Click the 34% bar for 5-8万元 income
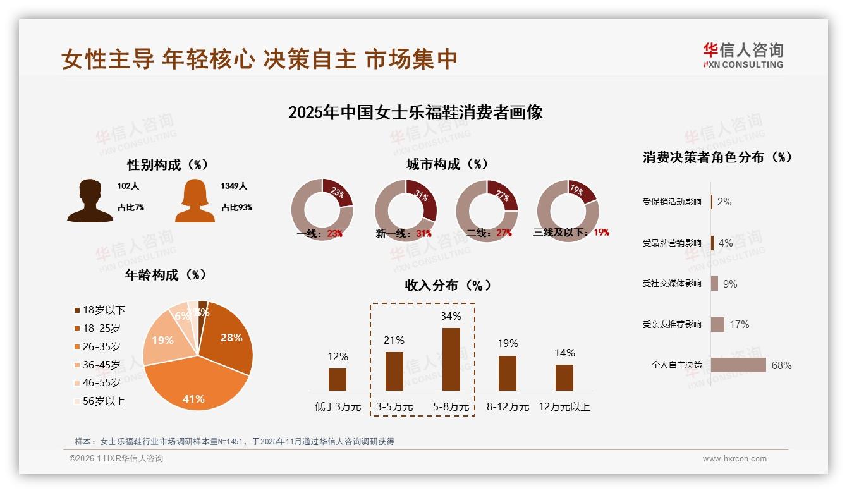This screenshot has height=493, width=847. click(451, 359)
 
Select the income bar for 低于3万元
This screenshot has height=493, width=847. click(338, 379)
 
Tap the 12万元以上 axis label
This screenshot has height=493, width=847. click(564, 407)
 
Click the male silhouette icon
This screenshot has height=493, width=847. click(90, 200)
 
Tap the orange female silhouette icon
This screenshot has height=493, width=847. click(195, 200)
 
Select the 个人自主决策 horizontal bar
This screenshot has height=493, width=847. click(738, 365)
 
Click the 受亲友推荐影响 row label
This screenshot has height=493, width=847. click(672, 325)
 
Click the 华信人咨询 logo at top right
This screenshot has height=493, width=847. click(743, 56)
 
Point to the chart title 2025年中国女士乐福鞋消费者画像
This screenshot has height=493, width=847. click(415, 113)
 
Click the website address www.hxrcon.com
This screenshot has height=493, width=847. click(734, 459)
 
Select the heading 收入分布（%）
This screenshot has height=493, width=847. click(448, 286)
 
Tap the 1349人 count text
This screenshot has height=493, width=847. click(234, 186)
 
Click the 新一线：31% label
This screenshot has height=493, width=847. click(403, 233)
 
